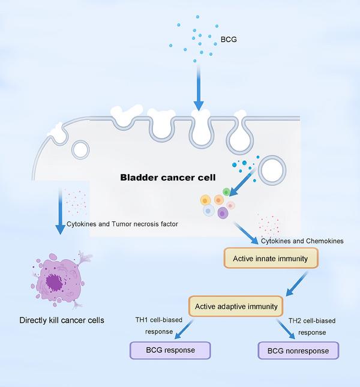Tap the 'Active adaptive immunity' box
tap(236, 306)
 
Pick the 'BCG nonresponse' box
tap(298, 350)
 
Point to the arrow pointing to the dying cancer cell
tap(61, 212)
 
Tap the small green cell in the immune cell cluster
tap(226, 193)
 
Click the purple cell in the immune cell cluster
tap(223, 212)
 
